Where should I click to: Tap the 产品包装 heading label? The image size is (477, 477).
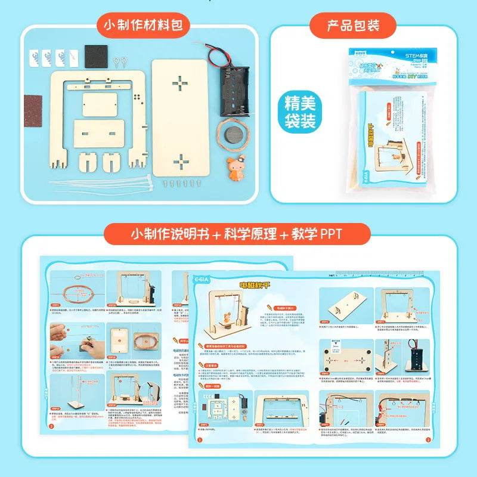[353, 25]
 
